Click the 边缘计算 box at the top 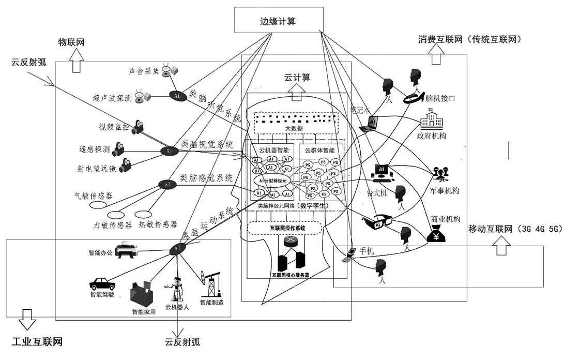279,21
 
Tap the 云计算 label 298,78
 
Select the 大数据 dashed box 294,122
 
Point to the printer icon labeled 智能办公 126,251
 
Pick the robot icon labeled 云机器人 177,290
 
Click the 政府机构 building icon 432,122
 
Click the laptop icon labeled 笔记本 372,123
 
